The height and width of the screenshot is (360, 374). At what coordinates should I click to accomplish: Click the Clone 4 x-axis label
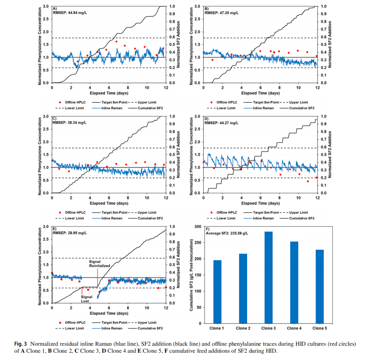click(x=294, y=328)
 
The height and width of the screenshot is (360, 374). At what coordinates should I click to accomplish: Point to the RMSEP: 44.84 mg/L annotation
click(x=68, y=13)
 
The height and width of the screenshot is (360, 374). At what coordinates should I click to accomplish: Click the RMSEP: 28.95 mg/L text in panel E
click(x=68, y=233)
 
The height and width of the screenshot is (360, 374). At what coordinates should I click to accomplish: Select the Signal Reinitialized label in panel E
click(x=99, y=263)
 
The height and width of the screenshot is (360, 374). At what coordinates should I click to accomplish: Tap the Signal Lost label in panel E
click(x=87, y=299)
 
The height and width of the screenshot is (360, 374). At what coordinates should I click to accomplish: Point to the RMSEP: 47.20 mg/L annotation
click(x=219, y=13)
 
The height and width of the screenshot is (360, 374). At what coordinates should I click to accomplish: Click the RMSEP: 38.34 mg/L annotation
click(x=68, y=122)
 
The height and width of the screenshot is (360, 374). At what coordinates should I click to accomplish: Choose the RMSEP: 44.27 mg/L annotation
click(x=219, y=122)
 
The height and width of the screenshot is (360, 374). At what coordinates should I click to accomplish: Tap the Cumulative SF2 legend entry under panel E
click(x=150, y=328)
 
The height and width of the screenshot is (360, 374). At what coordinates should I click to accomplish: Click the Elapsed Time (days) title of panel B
click(x=260, y=93)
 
